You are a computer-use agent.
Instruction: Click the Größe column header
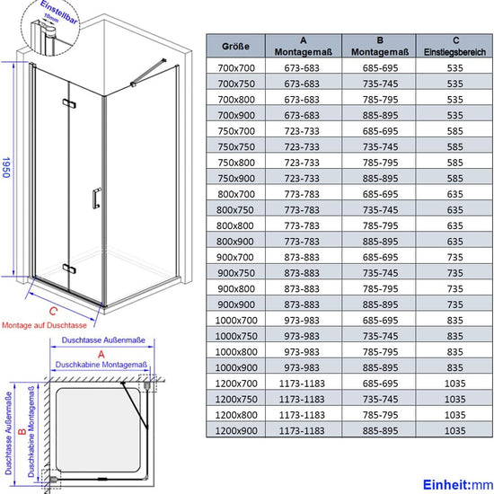tap(235, 47)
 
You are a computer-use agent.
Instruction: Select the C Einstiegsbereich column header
tap(455, 46)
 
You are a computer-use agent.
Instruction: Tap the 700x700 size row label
tap(236, 67)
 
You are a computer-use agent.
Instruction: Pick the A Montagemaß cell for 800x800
tap(302, 225)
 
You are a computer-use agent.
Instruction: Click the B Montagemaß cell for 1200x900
tap(380, 430)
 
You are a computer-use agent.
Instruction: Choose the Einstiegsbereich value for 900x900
tap(455, 304)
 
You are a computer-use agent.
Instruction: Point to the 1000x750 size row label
tap(236, 336)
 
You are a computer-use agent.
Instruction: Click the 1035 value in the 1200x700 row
tap(455, 384)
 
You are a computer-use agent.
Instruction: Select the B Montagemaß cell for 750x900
tap(380, 179)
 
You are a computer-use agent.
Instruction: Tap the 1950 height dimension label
tap(7, 167)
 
